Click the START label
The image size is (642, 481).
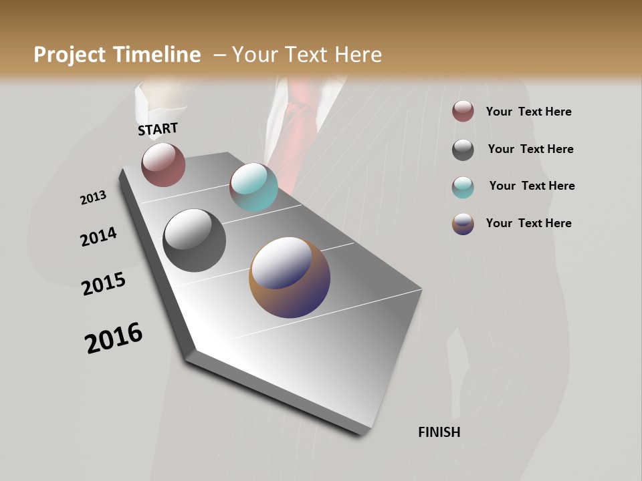(x=158, y=129)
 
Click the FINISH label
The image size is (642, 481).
(x=439, y=432)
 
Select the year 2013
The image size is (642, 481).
(x=93, y=198)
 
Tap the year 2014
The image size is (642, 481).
(x=98, y=237)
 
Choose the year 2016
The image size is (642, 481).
(x=114, y=338)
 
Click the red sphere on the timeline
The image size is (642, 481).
(x=163, y=164)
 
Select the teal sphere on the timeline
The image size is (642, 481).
(x=253, y=187)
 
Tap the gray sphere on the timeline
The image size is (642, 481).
(x=195, y=240)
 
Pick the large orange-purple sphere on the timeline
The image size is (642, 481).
(x=290, y=277)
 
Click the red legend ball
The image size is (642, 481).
(x=463, y=112)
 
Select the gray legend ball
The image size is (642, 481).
(x=463, y=150)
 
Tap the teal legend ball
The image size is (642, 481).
(x=463, y=187)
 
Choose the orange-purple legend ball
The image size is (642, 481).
(x=463, y=224)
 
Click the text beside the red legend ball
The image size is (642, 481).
(x=528, y=112)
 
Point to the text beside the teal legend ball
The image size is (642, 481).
(x=532, y=186)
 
